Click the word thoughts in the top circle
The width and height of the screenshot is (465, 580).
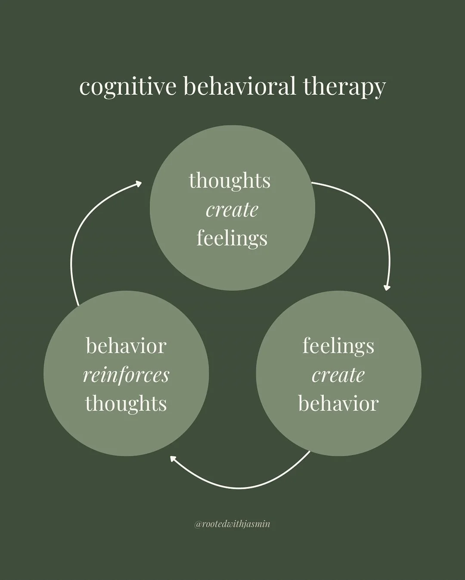point(229,180)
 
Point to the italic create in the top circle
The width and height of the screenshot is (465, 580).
point(232,210)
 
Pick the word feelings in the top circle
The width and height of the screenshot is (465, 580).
point(232,238)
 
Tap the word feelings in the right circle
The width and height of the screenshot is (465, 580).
point(338,346)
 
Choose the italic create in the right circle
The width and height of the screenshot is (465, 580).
point(338,375)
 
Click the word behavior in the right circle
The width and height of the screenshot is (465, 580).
point(338,403)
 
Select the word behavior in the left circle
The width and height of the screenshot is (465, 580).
point(126,346)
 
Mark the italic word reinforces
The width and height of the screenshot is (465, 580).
point(126,375)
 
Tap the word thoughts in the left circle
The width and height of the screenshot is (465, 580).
point(126,403)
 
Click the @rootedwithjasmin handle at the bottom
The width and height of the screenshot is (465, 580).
point(232,524)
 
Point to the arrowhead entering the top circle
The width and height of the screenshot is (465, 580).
point(138,184)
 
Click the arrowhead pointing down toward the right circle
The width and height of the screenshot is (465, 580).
point(387,287)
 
